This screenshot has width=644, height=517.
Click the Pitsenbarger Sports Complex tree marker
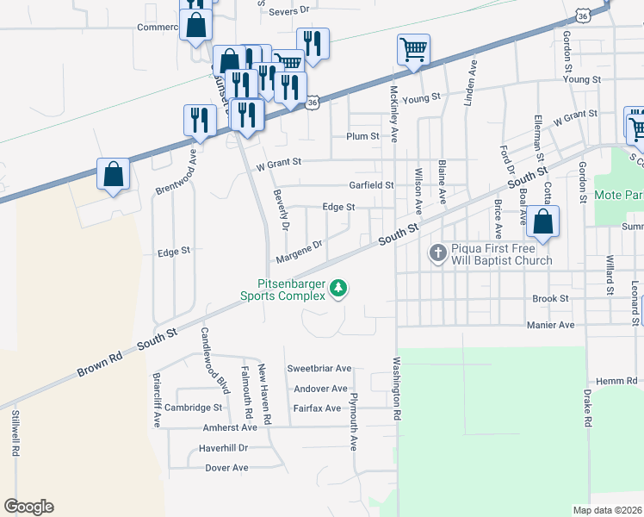pyautogui.click(x=339, y=288)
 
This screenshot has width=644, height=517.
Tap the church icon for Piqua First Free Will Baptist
pyautogui.click(x=437, y=253)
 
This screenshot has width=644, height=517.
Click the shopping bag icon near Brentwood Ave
pyautogui.click(x=114, y=175)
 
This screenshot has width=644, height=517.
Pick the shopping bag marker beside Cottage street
pyautogui.click(x=543, y=221)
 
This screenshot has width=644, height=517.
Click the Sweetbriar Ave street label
pyautogui.click(x=319, y=368)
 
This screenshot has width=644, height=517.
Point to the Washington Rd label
pyautogui.click(x=398, y=389)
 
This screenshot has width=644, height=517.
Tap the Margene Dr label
pyautogui.click(x=299, y=252)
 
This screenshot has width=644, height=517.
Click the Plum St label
pyautogui.click(x=362, y=136)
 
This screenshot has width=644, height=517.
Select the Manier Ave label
pyautogui.click(x=551, y=325)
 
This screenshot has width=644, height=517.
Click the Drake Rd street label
pyautogui.click(x=588, y=408)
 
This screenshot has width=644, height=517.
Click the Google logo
pyautogui.click(x=28, y=507)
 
